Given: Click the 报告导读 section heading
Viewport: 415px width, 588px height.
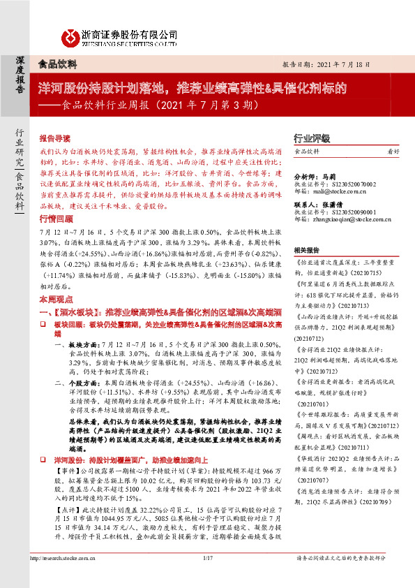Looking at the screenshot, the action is click(x=56, y=139).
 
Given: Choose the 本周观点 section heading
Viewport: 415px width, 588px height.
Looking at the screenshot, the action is click(x=56, y=297).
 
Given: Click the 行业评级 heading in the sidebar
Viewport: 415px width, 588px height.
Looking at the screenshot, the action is click(x=310, y=139).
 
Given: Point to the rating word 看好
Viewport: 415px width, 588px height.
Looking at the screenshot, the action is click(x=393, y=152).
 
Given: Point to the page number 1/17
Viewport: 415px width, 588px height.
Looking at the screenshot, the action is click(x=207, y=578).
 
